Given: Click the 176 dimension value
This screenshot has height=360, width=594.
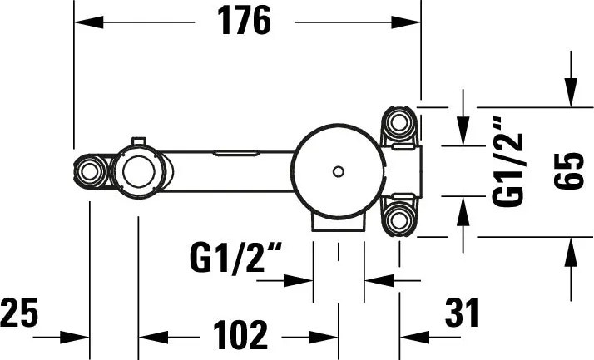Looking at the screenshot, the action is tap(245, 21).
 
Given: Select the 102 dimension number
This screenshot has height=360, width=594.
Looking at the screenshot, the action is tap(240, 334).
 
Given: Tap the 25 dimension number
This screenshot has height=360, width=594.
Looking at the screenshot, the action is tap(19, 313).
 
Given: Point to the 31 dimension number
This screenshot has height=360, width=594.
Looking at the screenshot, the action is tap(462, 313).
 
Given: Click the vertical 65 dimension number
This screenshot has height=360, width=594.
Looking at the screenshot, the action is tap(569, 170).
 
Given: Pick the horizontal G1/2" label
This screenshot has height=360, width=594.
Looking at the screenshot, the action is tap(236, 259).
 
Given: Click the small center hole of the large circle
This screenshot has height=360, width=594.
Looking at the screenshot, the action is tap(339, 171).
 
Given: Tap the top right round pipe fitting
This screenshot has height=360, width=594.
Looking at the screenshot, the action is tap(398, 123).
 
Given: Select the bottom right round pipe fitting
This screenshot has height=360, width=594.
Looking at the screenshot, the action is tap(398, 219).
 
